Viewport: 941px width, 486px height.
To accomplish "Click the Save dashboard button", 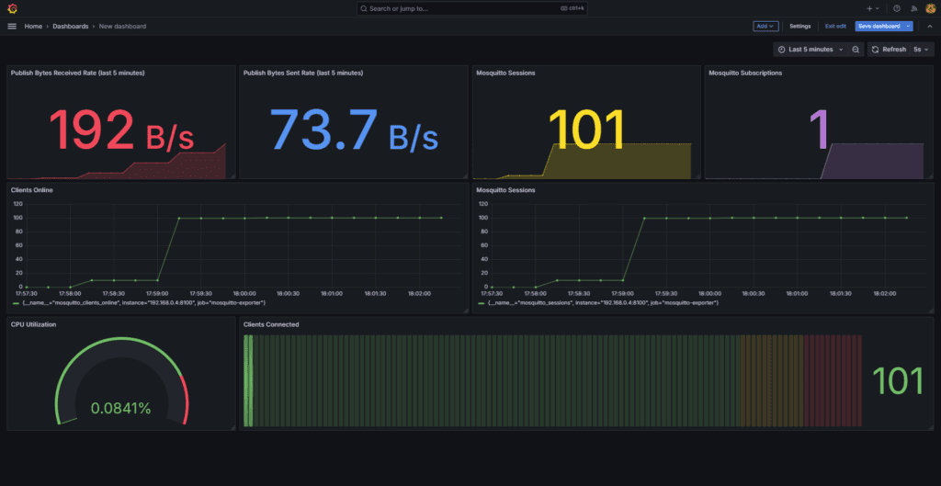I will click(x=879, y=26).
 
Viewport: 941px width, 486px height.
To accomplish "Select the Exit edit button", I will click(x=835, y=26).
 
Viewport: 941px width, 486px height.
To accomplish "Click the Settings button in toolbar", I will click(x=800, y=26).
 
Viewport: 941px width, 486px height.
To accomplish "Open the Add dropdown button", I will click(x=765, y=26).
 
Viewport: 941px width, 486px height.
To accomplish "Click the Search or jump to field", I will click(x=470, y=8).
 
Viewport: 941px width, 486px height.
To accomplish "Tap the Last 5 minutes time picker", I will click(x=810, y=50).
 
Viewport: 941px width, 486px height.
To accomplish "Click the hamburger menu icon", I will click(x=12, y=26).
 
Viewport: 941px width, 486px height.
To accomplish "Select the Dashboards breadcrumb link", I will click(x=71, y=26).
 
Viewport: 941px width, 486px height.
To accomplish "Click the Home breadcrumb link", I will click(x=33, y=26).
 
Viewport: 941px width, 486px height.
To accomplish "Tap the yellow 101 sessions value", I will click(x=585, y=130).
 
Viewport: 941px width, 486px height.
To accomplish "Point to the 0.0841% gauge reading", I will click(x=120, y=408).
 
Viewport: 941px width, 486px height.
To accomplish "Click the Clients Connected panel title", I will click(x=270, y=324).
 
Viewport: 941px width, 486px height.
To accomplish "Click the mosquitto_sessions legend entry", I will click(x=602, y=302).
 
